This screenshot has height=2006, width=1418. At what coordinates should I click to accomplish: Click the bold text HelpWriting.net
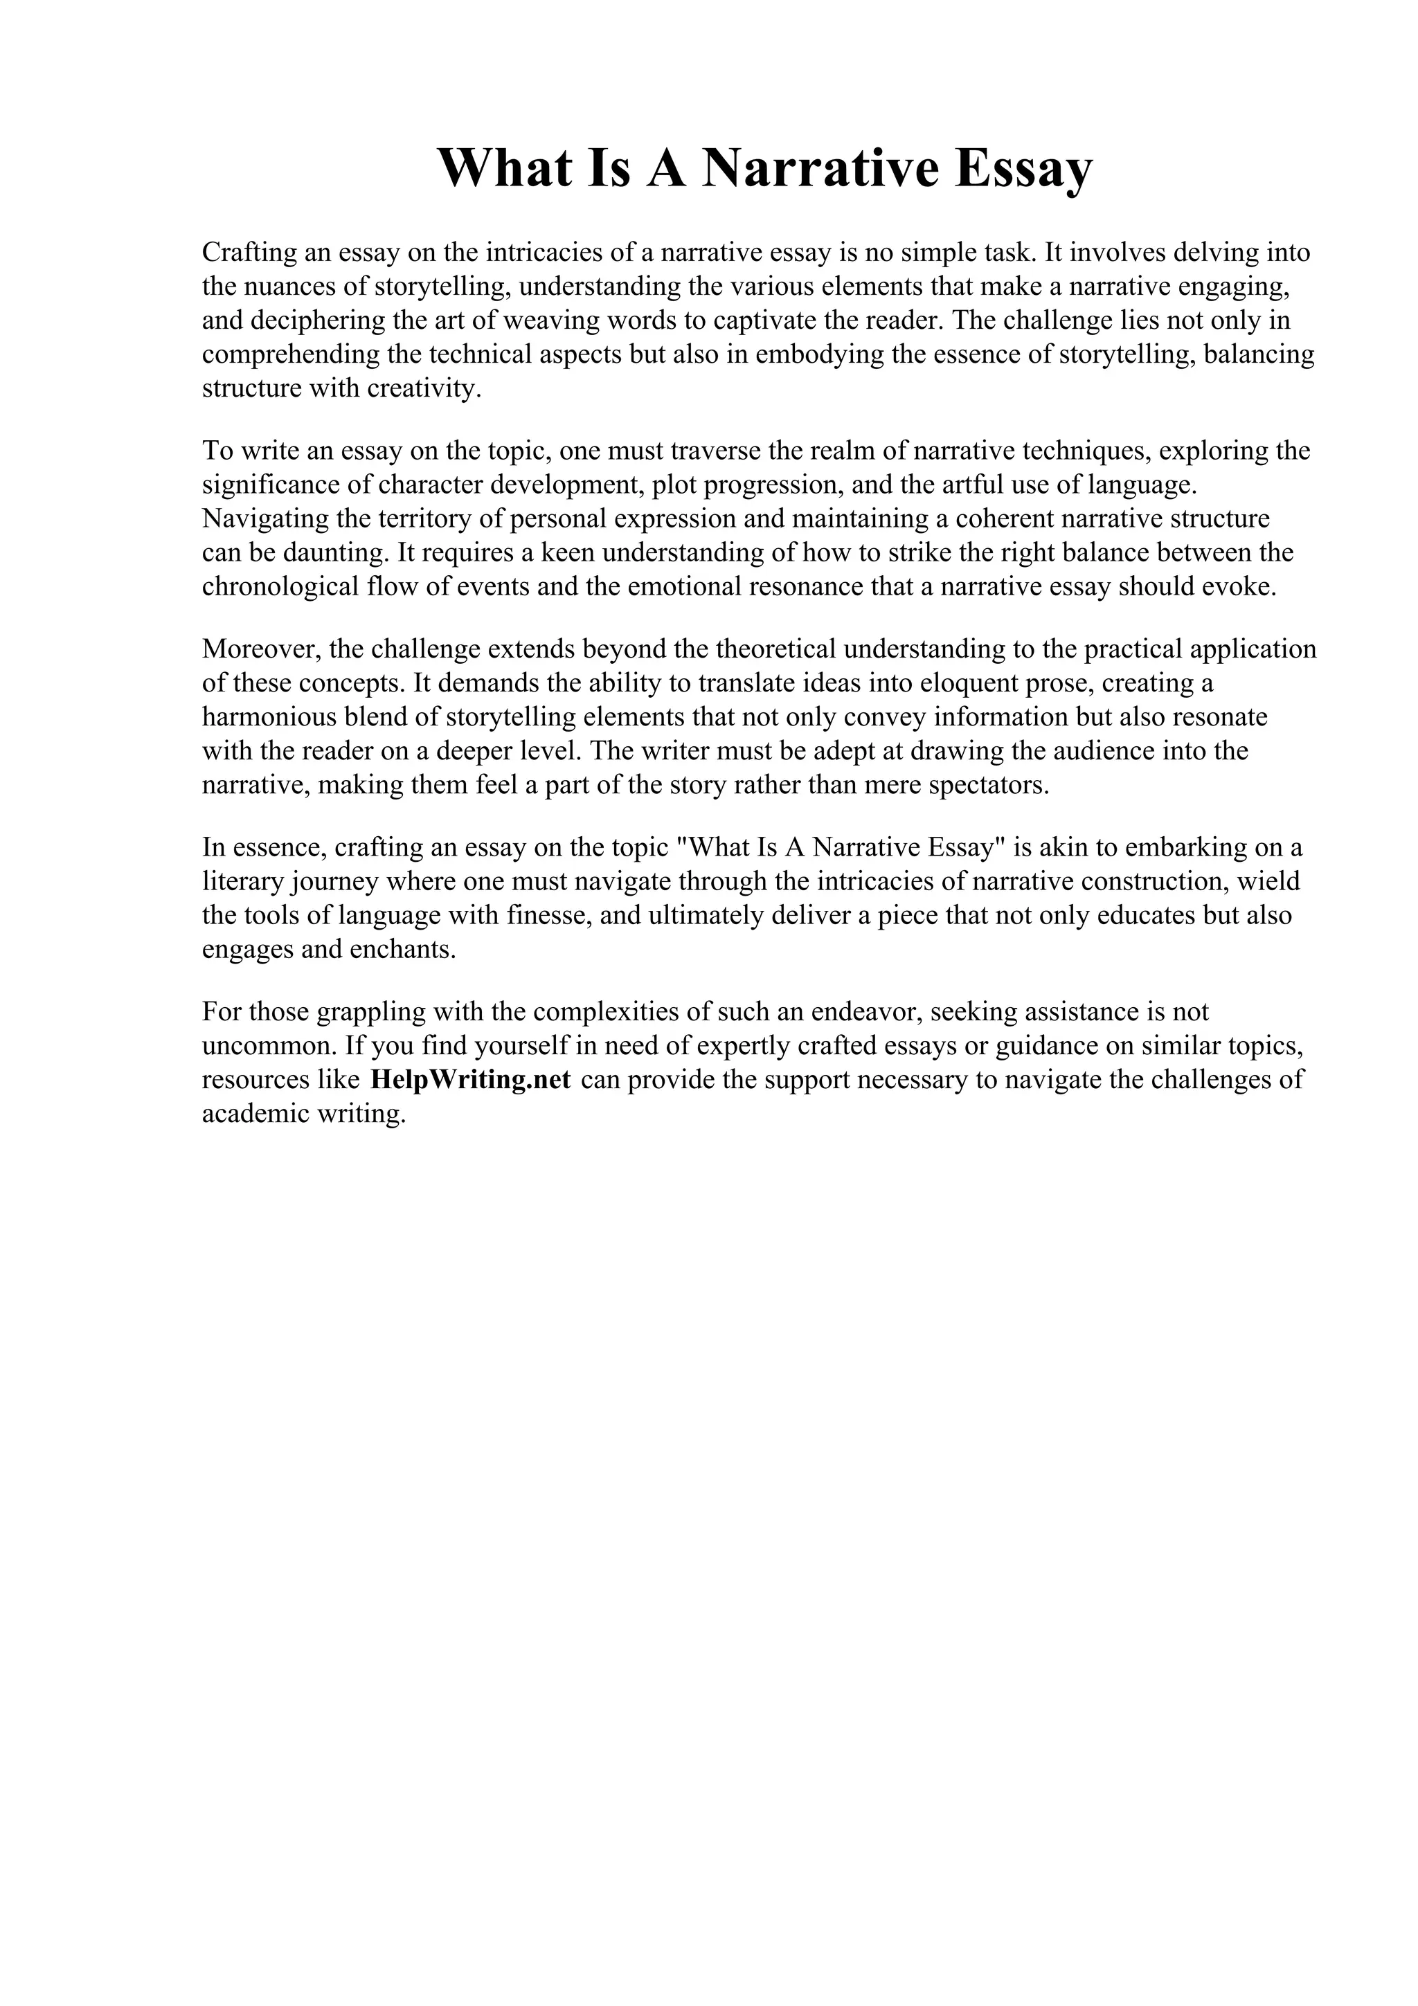470,1079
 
